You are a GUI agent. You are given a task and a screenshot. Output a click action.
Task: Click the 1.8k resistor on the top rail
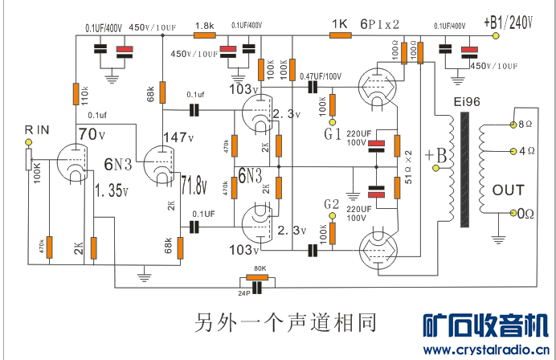[x=204, y=35]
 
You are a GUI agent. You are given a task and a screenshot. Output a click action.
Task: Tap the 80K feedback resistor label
[x=259, y=268]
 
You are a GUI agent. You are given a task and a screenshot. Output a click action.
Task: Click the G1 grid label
[x=333, y=133]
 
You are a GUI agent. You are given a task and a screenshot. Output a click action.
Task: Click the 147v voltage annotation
[x=178, y=137]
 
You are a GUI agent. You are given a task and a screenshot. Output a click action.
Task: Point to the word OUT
[x=508, y=190]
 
